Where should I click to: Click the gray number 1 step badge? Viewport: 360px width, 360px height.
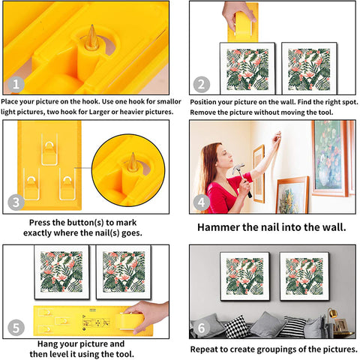point(16,84)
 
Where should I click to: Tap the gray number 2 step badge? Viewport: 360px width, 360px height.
point(202,85)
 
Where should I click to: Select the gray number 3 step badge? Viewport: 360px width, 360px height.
point(16,202)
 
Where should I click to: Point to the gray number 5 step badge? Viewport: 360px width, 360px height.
point(16,328)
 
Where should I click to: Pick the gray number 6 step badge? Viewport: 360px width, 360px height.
point(202,328)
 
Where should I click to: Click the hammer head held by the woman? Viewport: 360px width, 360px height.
point(238,168)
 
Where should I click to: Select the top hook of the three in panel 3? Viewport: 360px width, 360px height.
point(49,149)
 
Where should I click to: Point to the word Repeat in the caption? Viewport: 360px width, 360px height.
point(203,349)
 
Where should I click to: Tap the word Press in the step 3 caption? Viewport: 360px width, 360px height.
point(40,223)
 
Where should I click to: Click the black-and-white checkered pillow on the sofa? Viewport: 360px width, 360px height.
point(236,326)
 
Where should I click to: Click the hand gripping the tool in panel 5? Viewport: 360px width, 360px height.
point(148,315)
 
